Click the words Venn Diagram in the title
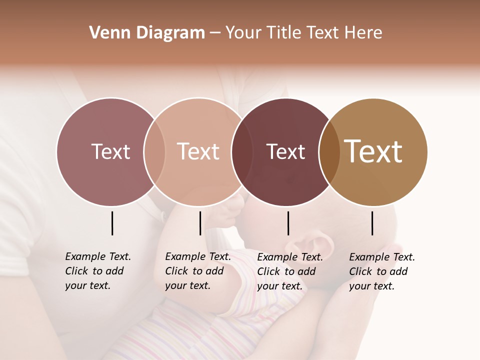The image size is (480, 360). click(x=147, y=33)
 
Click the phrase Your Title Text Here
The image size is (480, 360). click(x=303, y=33)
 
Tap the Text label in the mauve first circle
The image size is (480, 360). click(x=110, y=151)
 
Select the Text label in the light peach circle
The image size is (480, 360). click(x=198, y=151)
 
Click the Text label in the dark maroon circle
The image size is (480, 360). click(x=285, y=151)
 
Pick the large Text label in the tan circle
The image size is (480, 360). click(x=373, y=151)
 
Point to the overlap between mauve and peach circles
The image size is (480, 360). click(x=154, y=152)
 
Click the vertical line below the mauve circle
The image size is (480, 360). click(x=112, y=223)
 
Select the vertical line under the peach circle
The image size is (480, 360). click(x=200, y=223)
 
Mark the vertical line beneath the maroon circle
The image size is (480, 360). click(x=288, y=223)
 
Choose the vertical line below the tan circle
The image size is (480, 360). click(x=372, y=223)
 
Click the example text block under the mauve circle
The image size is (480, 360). click(x=97, y=271)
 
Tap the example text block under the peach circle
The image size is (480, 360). click(x=197, y=271)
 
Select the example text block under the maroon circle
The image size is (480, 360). click(x=289, y=271)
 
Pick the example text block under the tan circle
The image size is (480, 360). click(x=381, y=271)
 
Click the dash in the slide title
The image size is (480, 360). click(x=215, y=33)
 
